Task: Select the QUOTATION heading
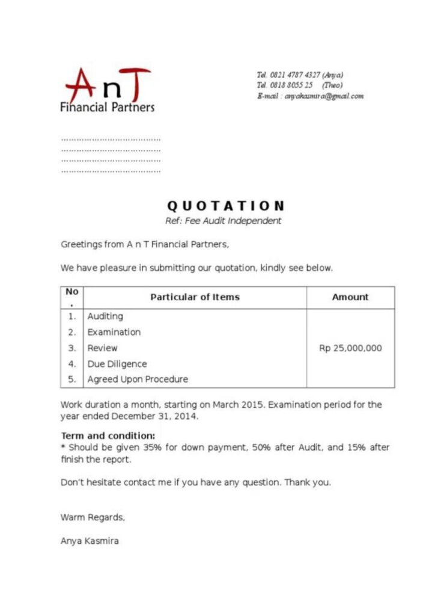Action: tap(225, 206)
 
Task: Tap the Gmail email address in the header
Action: tap(324, 96)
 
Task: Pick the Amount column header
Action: tap(350, 297)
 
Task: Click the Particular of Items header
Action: tap(195, 297)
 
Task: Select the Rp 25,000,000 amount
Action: tap(350, 348)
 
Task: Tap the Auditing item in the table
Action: tap(105, 316)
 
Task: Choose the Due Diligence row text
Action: tap(117, 364)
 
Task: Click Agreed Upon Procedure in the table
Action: tap(138, 380)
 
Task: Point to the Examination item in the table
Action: tap(114, 332)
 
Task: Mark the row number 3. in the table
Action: tap(72, 348)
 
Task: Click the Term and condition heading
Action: tap(108, 436)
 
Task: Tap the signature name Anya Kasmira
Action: tap(90, 541)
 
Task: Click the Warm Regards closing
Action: tap(93, 517)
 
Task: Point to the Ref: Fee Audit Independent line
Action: tap(223, 221)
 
